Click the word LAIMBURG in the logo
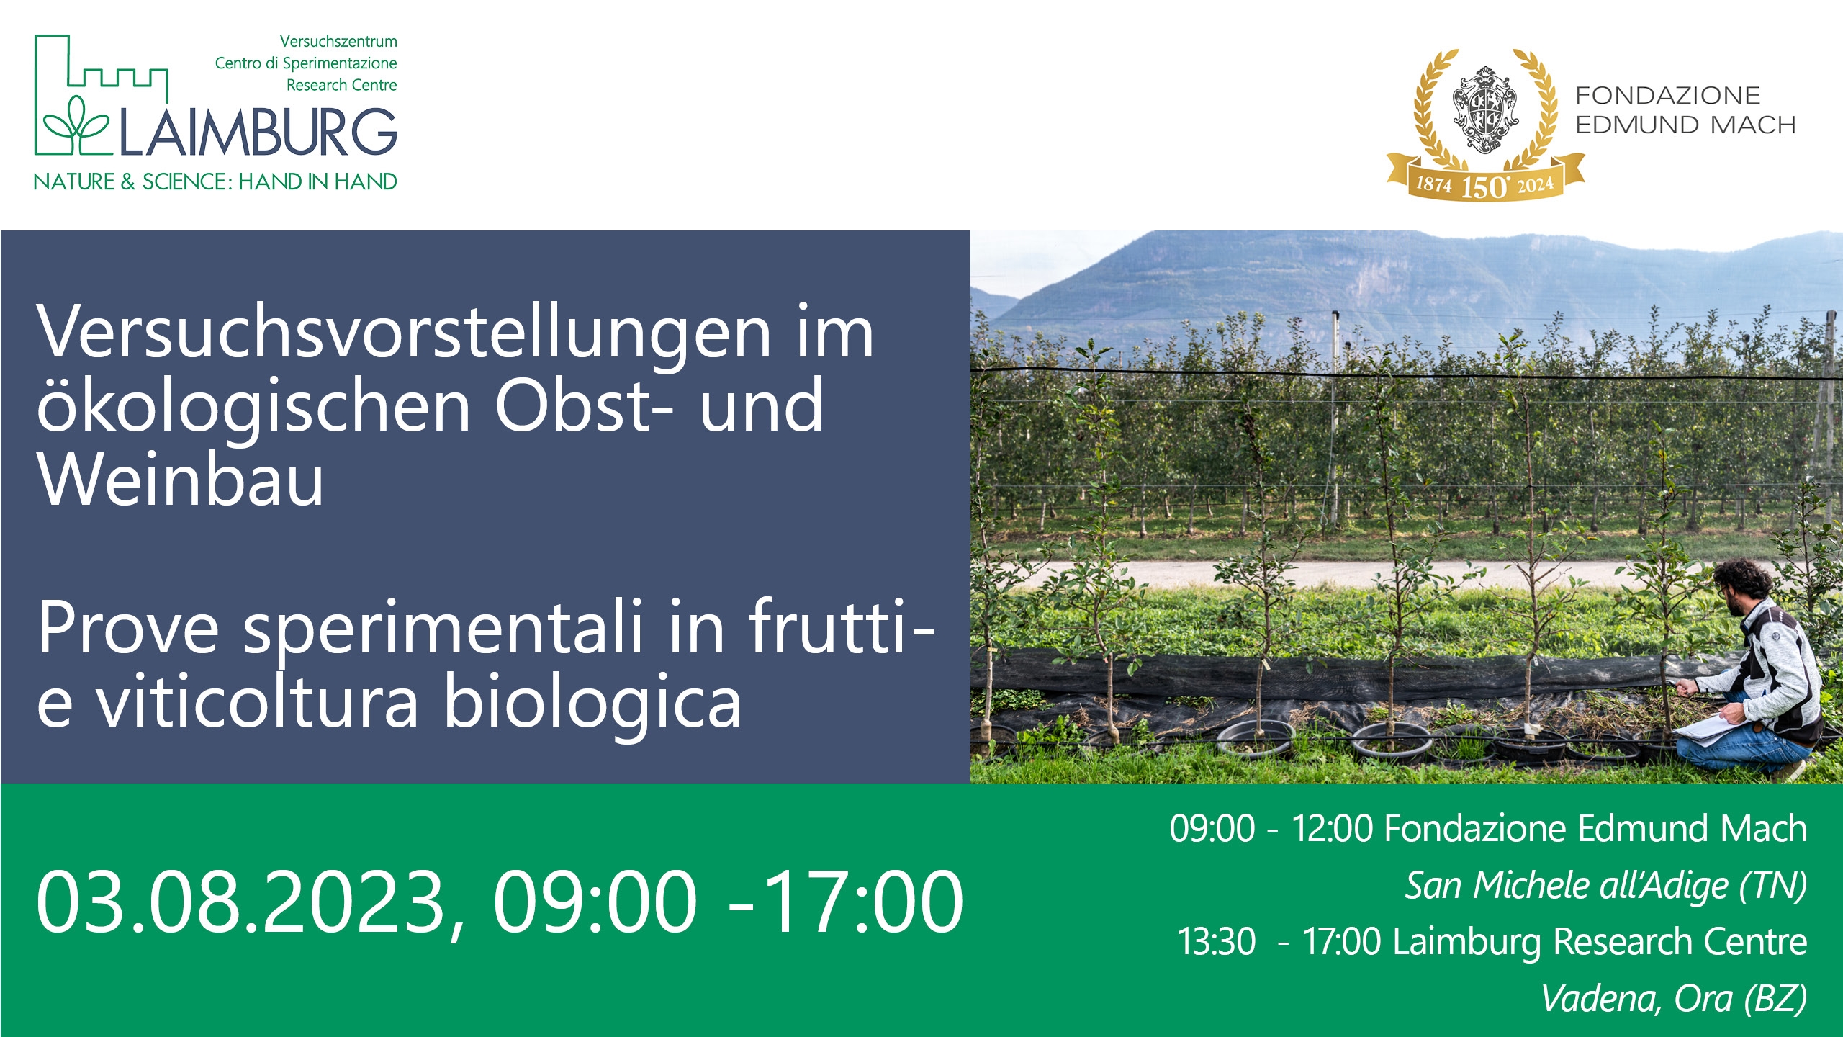tap(258, 133)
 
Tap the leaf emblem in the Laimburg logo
tap(76, 126)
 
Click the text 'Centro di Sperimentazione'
tap(306, 63)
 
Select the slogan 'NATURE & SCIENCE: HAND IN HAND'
tap(215, 181)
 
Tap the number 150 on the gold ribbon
tap(1484, 187)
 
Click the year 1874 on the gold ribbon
tap(1433, 184)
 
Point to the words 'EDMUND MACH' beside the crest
tap(1685, 125)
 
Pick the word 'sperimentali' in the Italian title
tap(442, 629)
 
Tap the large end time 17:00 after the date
tap(862, 902)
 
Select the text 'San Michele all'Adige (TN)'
tap(1605, 885)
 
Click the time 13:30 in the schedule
tap(1217, 941)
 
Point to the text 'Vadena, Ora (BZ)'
tap(1674, 998)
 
